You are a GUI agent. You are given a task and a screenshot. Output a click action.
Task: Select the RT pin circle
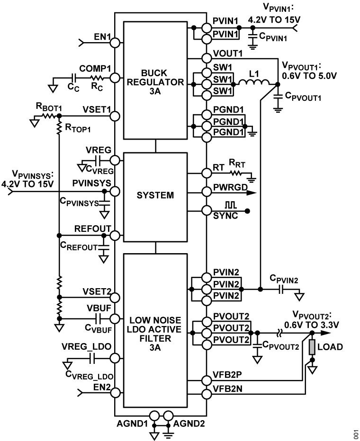point(206,173)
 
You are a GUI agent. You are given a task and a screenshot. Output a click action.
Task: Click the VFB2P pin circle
point(206,379)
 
